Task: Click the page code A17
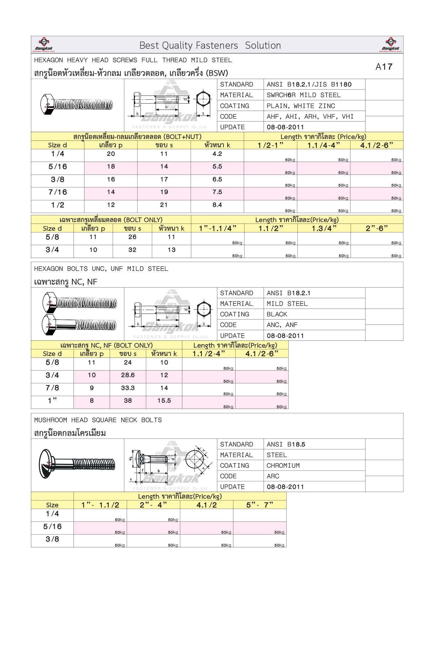[x=384, y=67]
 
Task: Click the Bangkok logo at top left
[x=44, y=44]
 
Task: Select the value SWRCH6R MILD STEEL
[x=304, y=95]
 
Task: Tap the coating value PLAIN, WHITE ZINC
[x=301, y=106]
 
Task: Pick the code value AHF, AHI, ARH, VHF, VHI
[x=310, y=117]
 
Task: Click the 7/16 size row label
[x=58, y=192]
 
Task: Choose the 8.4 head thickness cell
[x=217, y=205]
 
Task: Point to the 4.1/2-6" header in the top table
[x=376, y=145]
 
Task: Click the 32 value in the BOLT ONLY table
[x=132, y=250]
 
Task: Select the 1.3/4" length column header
[x=324, y=228]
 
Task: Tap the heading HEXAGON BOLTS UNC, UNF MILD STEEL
[x=101, y=269]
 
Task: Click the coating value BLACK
[x=277, y=314]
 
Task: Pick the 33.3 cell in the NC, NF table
[x=128, y=388]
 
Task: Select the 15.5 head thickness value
[x=164, y=401]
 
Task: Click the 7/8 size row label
[x=52, y=388]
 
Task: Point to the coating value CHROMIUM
[x=283, y=466]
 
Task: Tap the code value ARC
[x=273, y=476]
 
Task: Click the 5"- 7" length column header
[x=259, y=505]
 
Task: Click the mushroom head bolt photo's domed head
[x=46, y=464]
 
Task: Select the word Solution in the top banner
[x=263, y=46]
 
